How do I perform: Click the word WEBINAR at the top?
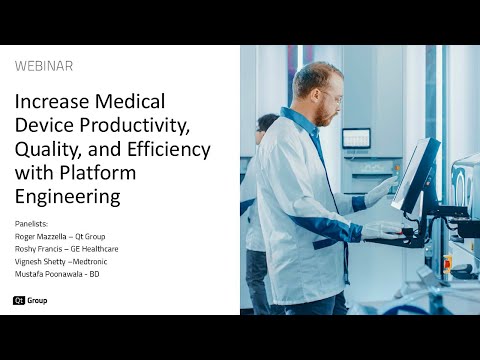tap(44, 66)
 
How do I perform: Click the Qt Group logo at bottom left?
tap(30, 300)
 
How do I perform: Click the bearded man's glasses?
tap(331, 99)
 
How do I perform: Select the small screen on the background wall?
tap(356, 138)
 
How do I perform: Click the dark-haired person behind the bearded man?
tap(266, 124)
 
